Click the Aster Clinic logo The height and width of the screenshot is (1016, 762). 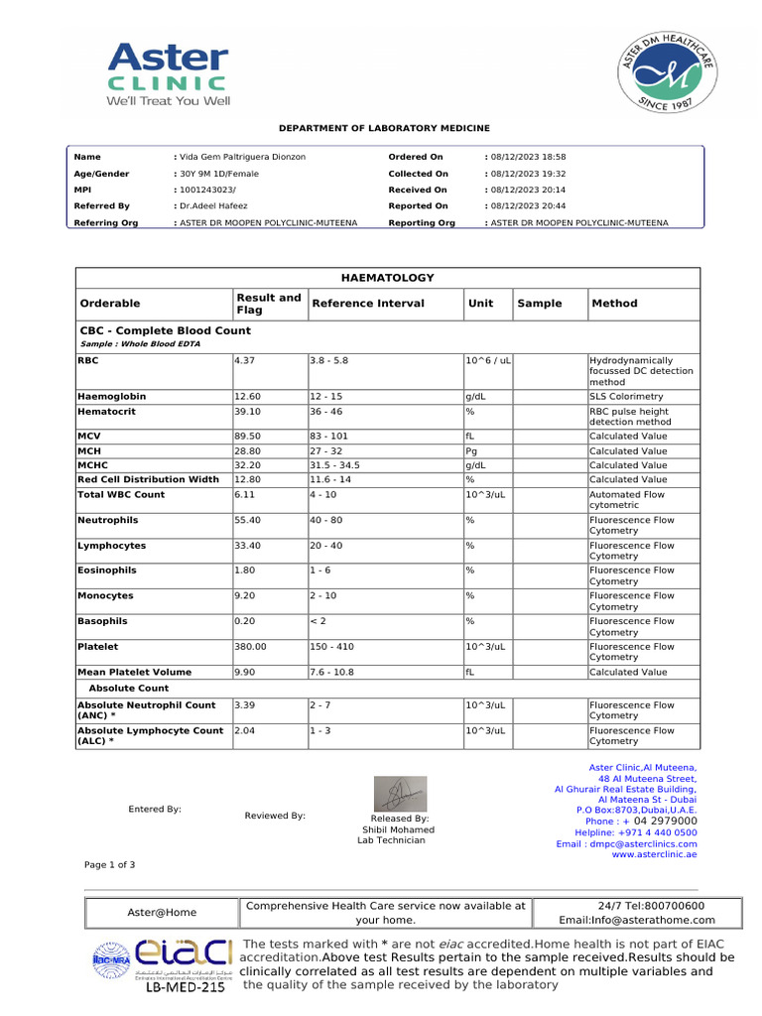click(168, 73)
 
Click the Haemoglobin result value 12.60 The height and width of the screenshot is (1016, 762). click(247, 396)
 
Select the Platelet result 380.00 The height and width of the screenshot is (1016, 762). click(250, 646)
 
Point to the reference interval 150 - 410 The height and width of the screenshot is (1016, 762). click(332, 646)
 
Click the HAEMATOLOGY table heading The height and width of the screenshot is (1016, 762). click(387, 278)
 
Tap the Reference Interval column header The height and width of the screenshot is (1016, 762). click(367, 304)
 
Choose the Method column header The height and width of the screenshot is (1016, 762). click(614, 304)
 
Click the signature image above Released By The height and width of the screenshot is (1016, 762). click(399, 794)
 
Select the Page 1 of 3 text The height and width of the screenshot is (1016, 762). click(110, 865)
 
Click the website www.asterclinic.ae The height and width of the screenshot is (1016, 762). click(654, 854)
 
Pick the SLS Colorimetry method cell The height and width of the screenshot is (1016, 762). click(626, 396)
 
